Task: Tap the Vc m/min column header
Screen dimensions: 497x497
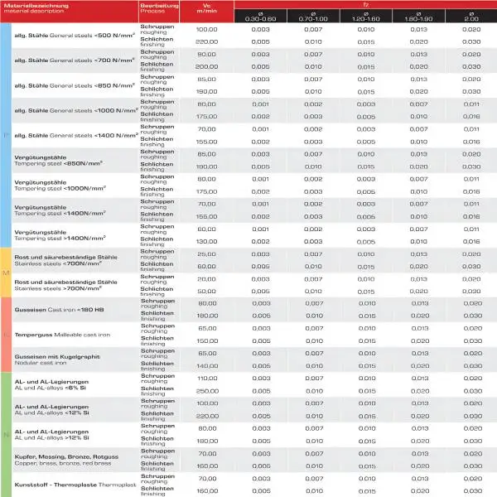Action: (x=206, y=9)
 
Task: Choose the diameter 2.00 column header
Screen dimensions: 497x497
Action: (x=471, y=16)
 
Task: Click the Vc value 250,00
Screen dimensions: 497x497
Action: (x=206, y=390)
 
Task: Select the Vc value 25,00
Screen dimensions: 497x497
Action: (x=206, y=253)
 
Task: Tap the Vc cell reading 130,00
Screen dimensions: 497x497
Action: (x=206, y=240)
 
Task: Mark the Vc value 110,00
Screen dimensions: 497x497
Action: (x=206, y=378)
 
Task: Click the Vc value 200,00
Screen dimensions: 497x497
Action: (x=206, y=66)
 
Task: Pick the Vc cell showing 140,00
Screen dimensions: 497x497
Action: (x=206, y=365)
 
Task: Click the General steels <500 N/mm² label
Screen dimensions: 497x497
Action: (x=70, y=36)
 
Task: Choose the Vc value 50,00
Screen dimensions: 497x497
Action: (x=206, y=291)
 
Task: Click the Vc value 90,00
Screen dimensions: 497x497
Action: (x=206, y=54)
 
